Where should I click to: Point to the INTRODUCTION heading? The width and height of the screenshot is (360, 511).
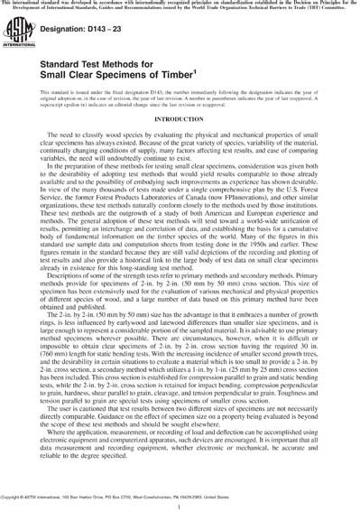coord(180,143)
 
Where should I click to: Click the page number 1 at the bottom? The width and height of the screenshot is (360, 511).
coord(180,502)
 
